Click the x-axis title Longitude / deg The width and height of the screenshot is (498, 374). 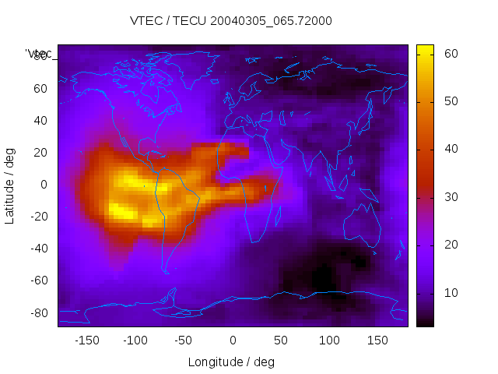(x=231, y=362)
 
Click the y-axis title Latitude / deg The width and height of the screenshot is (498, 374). (x=10, y=185)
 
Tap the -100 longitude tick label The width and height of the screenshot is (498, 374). (x=135, y=340)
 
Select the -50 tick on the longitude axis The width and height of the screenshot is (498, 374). (x=184, y=340)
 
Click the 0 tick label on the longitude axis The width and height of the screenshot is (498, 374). (x=233, y=340)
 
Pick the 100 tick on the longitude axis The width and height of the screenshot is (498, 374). (x=329, y=340)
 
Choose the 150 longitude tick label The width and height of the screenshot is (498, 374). (x=377, y=340)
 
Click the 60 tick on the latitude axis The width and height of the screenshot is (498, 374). (x=40, y=89)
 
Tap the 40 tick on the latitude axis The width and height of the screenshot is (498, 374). (x=40, y=121)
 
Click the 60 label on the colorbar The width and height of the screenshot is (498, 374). (x=450, y=54)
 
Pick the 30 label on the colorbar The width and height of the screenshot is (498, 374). (x=450, y=197)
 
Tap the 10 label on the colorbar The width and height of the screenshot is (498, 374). (x=450, y=292)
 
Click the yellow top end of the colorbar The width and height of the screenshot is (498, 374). (x=425, y=49)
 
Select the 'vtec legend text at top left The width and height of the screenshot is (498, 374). (x=39, y=54)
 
